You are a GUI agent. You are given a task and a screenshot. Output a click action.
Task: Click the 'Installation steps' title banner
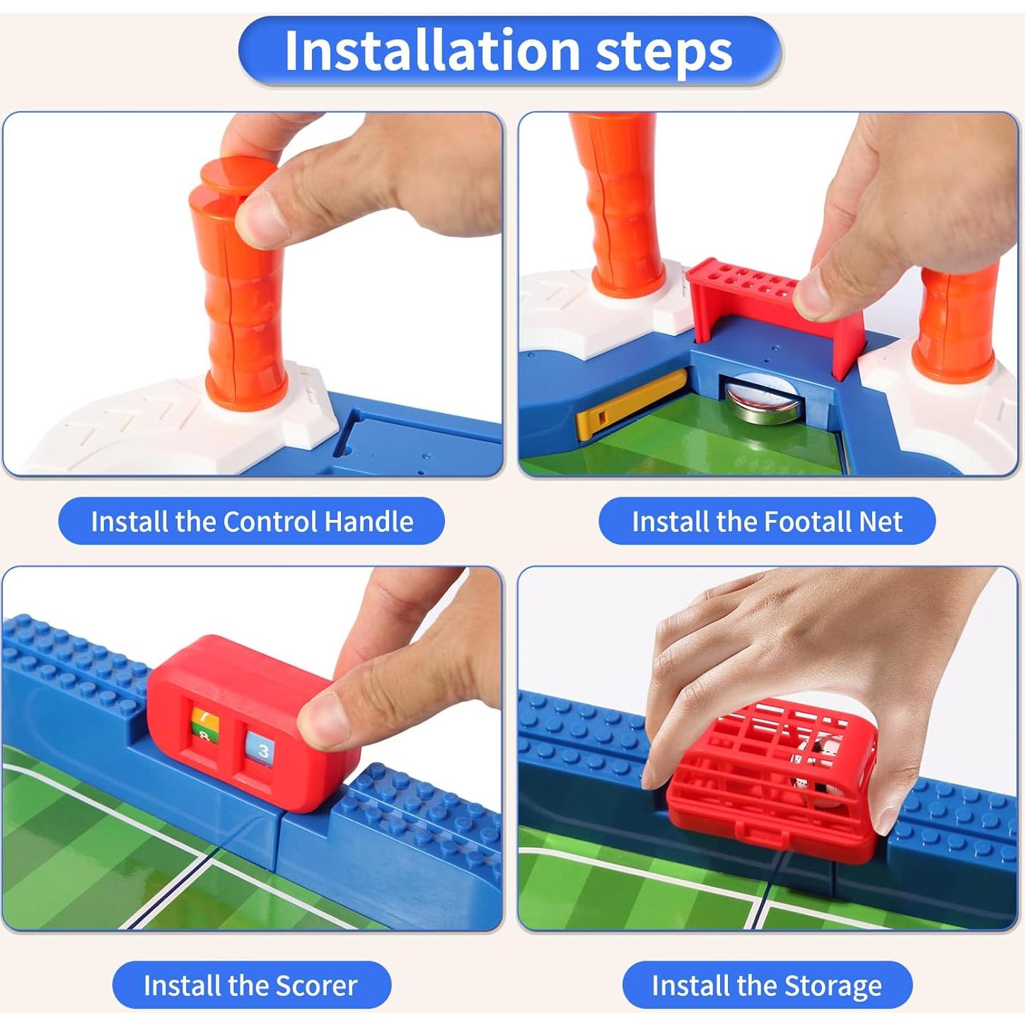509,51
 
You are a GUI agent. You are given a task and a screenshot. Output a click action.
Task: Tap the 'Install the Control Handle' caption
251,521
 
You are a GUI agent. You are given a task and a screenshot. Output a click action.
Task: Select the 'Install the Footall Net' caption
767,521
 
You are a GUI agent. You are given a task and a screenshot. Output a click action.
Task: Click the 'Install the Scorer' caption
251,985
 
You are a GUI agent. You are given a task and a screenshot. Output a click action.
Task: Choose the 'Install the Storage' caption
767,985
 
